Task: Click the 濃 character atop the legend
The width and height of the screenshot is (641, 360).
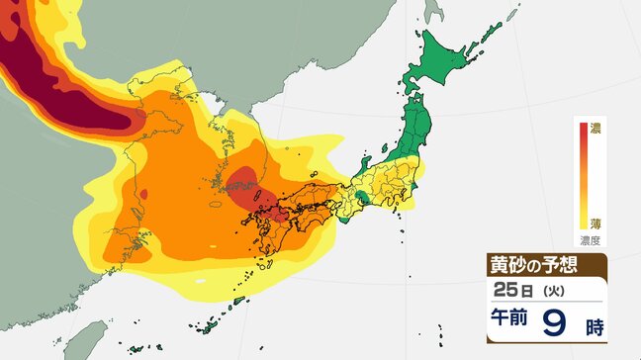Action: tap(595, 128)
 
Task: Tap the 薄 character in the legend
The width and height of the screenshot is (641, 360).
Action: tap(595, 224)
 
